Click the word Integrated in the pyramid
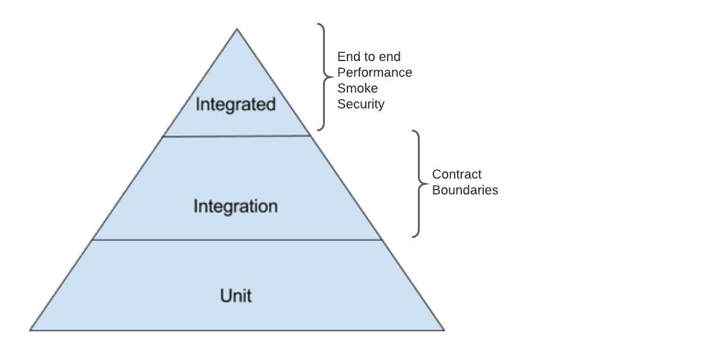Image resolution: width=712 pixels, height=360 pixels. point(235,104)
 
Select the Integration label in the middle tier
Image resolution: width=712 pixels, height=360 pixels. point(235,206)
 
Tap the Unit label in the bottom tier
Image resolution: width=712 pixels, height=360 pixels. point(236,295)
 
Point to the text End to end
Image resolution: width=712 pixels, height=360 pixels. point(369,57)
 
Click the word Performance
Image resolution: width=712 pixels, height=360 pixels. point(375,72)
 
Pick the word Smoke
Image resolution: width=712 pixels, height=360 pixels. point(357,88)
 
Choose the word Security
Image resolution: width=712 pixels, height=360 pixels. point(361,104)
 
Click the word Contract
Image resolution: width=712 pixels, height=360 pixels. point(456,174)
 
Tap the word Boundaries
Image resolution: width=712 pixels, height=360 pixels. point(465,190)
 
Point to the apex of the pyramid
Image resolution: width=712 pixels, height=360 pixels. point(237,29)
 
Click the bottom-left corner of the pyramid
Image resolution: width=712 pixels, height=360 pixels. point(30,330)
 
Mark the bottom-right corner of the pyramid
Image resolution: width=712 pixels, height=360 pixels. point(445,330)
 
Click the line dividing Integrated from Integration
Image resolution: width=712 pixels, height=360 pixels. point(237,136)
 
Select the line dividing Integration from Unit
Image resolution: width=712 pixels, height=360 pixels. point(237,240)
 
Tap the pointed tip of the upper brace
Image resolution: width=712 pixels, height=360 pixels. point(333,77)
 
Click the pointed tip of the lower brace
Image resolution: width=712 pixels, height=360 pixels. point(428,184)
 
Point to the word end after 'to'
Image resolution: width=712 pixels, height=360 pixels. point(390,57)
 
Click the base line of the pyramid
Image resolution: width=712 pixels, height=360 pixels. point(237,330)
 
